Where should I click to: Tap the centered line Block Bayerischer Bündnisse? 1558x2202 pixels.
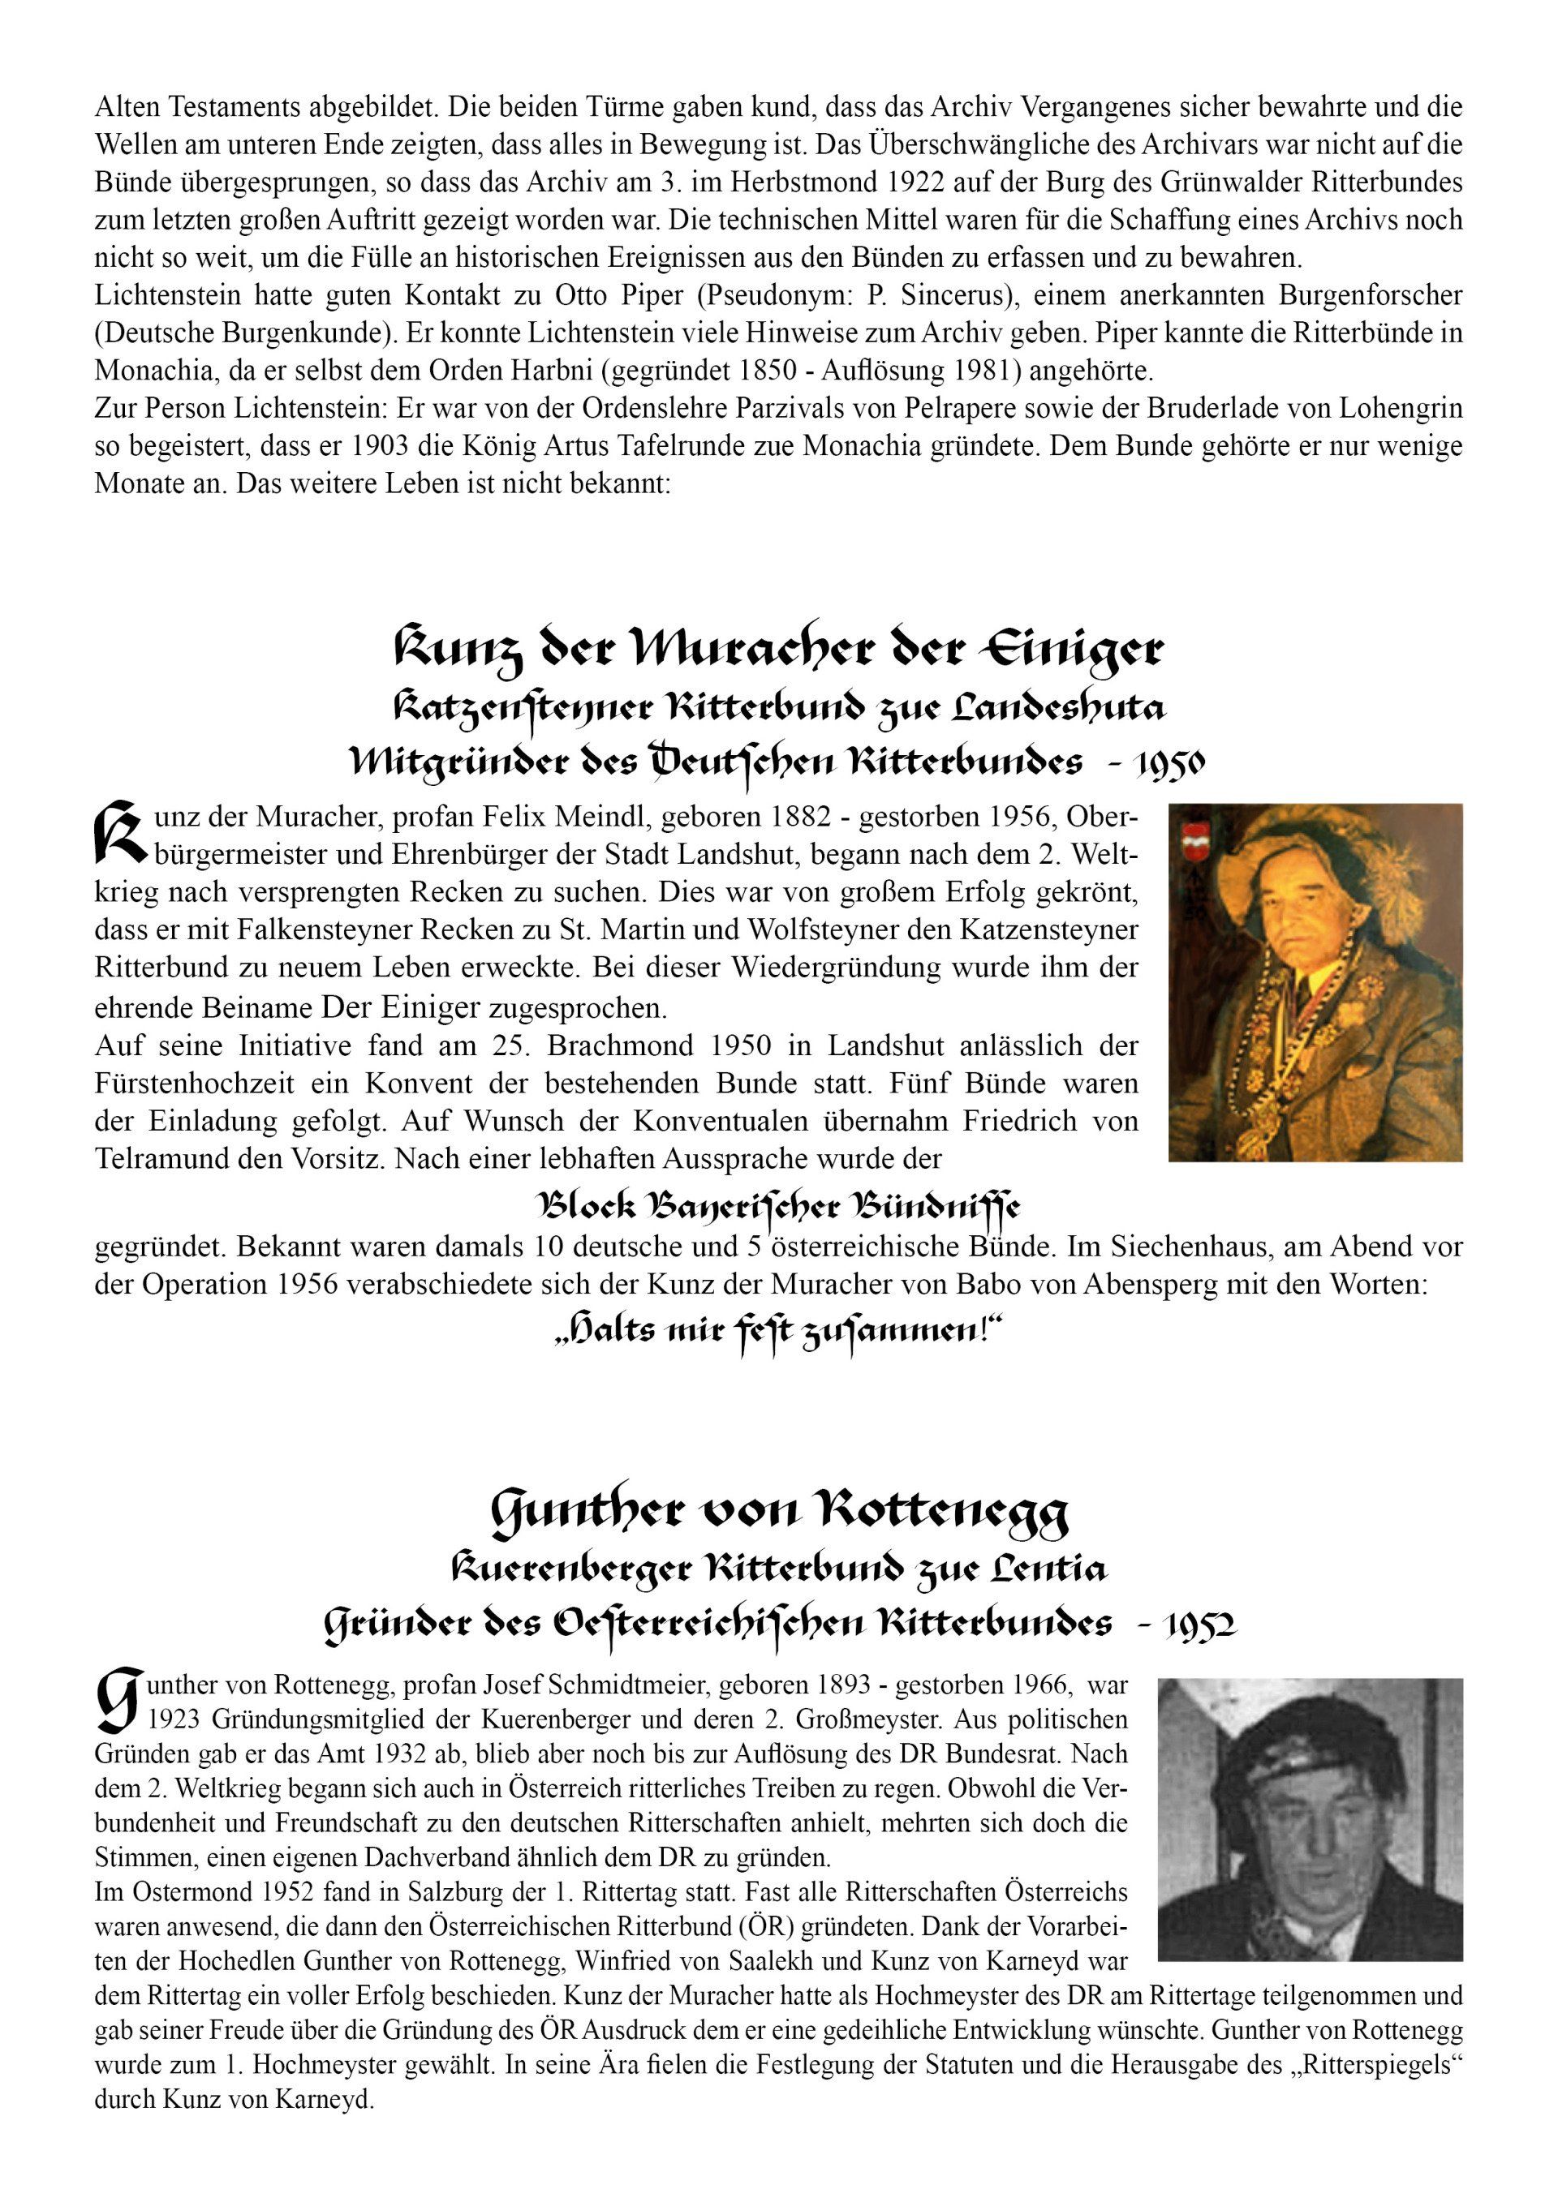778,1204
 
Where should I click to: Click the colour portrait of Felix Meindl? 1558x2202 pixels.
1315,982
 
